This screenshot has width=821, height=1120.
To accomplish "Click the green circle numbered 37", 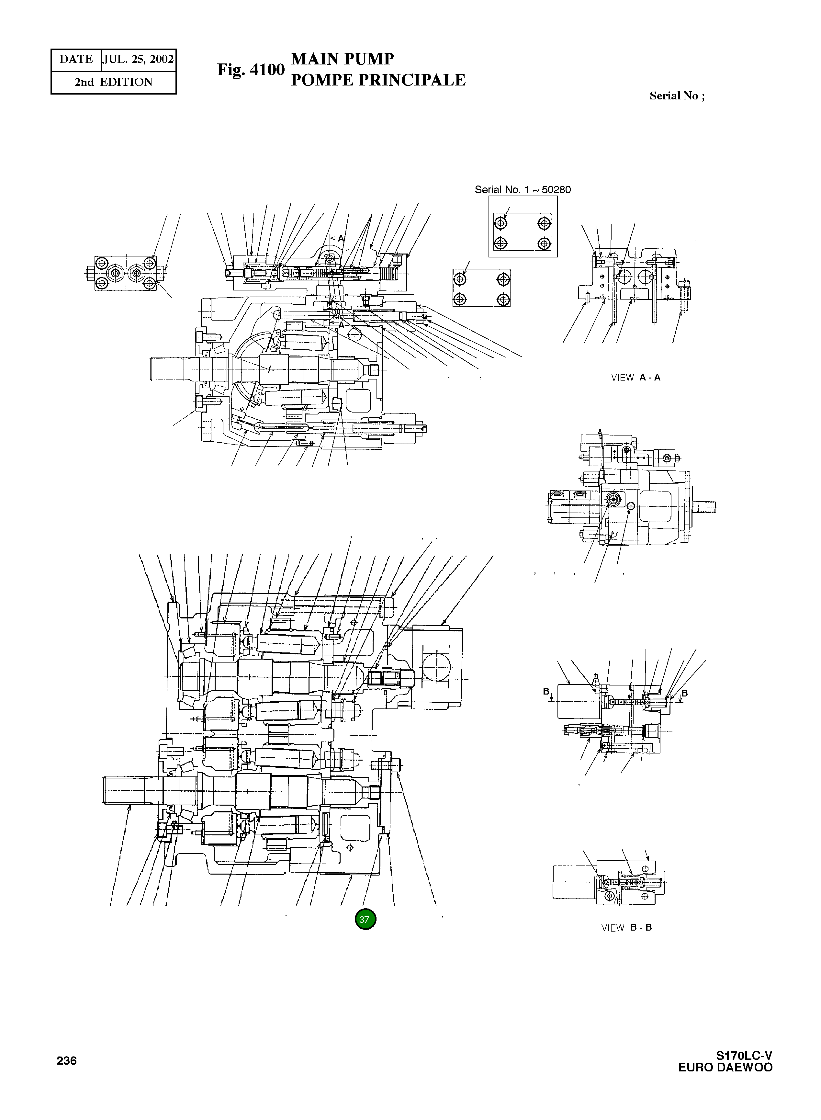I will [365, 919].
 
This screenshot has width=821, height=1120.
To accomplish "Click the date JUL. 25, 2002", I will [139, 60].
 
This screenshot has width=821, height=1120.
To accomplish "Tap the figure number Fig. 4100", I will [251, 70].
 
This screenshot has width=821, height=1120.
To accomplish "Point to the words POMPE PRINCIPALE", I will [378, 80].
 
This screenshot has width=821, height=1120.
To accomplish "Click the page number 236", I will [67, 1061].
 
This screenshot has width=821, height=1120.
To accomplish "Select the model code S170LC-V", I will [744, 1055].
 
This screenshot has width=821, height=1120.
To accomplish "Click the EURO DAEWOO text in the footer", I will [725, 1067].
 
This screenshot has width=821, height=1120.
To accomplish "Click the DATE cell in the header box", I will [76, 60].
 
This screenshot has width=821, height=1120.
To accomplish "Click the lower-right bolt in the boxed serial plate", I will [545, 243].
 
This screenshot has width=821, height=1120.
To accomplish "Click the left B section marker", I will [546, 692].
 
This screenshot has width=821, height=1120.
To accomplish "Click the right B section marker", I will [684, 693].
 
